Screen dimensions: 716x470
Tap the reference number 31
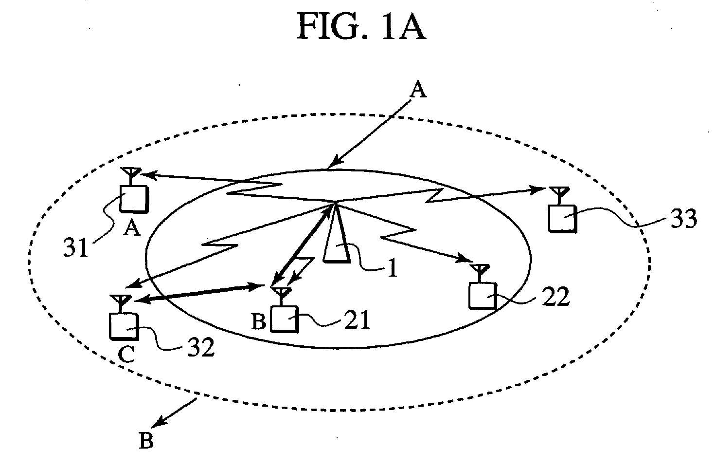coord(75,247)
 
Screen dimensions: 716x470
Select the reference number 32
coord(201,348)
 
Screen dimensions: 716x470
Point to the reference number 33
coord(683,219)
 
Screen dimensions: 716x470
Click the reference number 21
coord(357,320)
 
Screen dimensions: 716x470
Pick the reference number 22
coord(555,297)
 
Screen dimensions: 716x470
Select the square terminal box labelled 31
coord(134,199)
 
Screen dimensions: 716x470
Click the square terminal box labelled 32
coord(124,326)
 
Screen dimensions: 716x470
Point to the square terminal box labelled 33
coord(563,218)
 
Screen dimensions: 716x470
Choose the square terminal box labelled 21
coord(284,319)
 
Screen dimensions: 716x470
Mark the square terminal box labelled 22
coord(483,296)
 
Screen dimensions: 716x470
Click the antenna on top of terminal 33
coord(559,196)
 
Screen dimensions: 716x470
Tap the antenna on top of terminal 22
coord(480,273)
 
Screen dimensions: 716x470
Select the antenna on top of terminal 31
coord(130,176)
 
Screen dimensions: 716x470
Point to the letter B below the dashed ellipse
coord(146,441)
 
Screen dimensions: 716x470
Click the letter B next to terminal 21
coord(259,321)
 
